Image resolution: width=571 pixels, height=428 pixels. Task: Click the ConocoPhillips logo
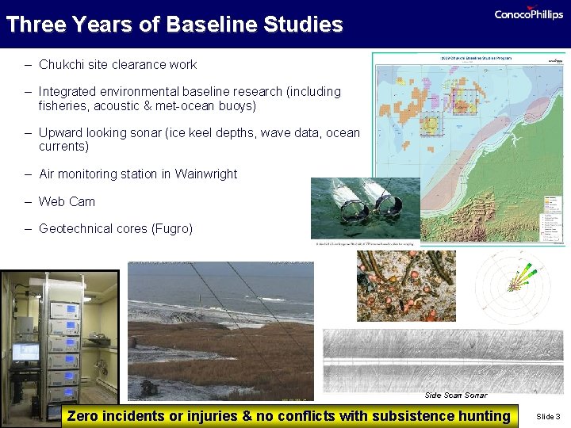click(528, 14)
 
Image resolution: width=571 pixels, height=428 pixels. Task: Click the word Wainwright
click(205, 174)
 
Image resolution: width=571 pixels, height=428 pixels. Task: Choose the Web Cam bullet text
click(67, 201)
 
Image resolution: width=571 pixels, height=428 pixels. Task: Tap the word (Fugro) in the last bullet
click(167, 228)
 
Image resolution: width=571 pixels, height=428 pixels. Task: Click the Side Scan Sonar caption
click(456, 395)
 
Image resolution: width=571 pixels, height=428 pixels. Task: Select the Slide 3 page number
click(548, 416)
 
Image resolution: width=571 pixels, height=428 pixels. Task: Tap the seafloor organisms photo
click(406, 285)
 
